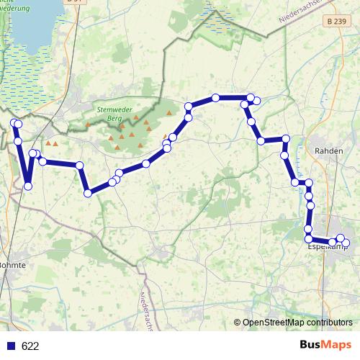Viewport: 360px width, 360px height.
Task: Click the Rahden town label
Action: [327, 151]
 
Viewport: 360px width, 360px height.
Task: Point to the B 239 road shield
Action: [330, 23]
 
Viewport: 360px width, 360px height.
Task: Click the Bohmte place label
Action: [12, 265]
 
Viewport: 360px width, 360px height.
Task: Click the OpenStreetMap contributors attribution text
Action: [297, 323]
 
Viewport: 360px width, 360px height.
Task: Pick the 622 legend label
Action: [30, 346]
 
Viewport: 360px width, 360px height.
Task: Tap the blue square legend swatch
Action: [11, 346]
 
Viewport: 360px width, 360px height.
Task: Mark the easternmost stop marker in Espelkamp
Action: [345, 243]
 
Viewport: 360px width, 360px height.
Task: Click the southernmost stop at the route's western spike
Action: [28, 186]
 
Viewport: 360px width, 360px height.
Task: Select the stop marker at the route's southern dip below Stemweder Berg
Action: [88, 192]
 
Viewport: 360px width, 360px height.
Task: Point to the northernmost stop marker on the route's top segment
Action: [215, 98]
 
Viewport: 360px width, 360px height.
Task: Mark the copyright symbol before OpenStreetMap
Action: [237, 323]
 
